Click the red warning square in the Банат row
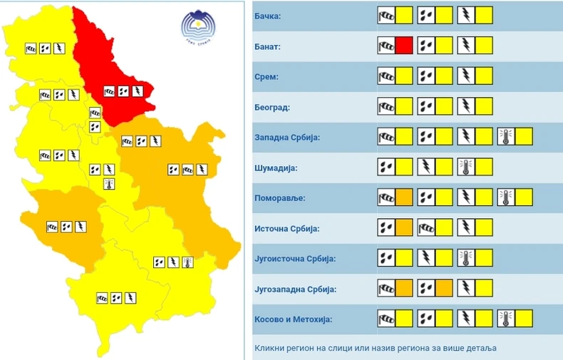[x=404, y=46]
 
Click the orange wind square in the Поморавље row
[x=404, y=197]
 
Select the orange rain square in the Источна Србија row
[x=404, y=228]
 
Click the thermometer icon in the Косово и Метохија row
[x=506, y=319]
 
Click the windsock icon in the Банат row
[x=386, y=46]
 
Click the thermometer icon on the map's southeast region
[x=187, y=262]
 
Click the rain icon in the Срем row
[x=425, y=76]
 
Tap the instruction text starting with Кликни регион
[x=375, y=348]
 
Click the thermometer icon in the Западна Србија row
[x=506, y=137]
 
